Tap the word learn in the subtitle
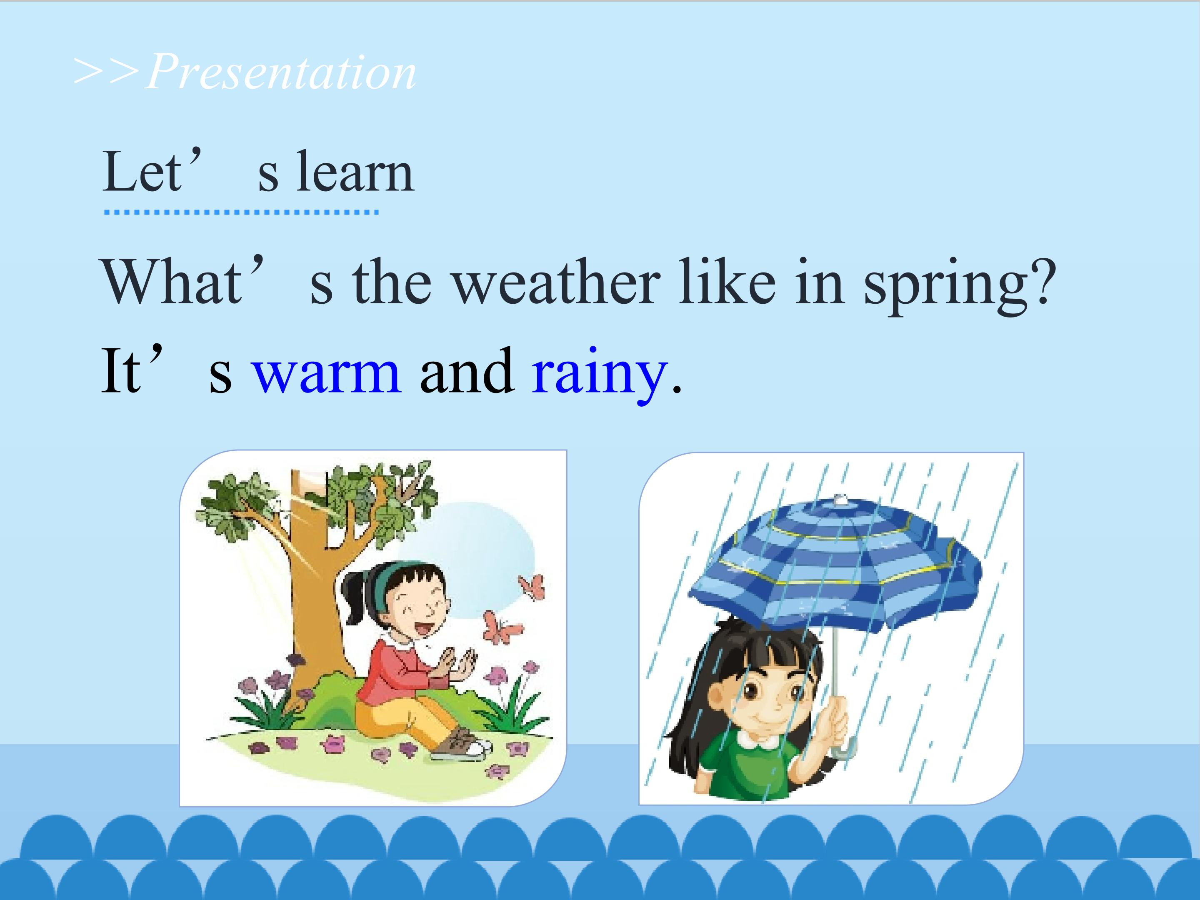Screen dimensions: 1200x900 (x=355, y=170)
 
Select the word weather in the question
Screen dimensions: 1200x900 (x=557, y=280)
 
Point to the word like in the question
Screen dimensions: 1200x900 (x=727, y=280)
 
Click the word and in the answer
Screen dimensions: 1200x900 (x=467, y=370)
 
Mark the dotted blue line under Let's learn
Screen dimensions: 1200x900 (x=241, y=212)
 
